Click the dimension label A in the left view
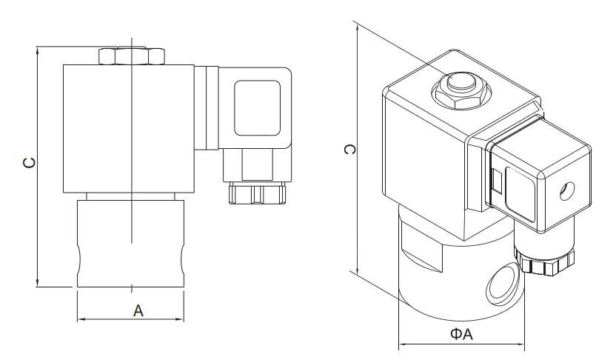[138, 310]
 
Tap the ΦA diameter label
[461, 336]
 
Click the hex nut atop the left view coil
[130, 56]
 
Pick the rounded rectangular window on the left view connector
[257, 107]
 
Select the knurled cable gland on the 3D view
[546, 262]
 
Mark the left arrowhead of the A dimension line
[80, 319]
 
